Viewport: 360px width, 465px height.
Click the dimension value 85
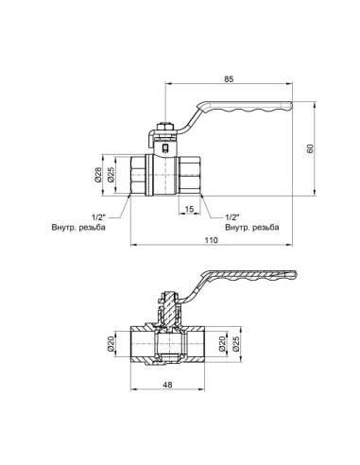pos(229,78)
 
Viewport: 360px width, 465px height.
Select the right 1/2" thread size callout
pos(233,215)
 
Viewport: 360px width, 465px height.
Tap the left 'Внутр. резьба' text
pos(79,228)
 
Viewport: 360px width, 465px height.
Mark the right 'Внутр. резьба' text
pos(251,228)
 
